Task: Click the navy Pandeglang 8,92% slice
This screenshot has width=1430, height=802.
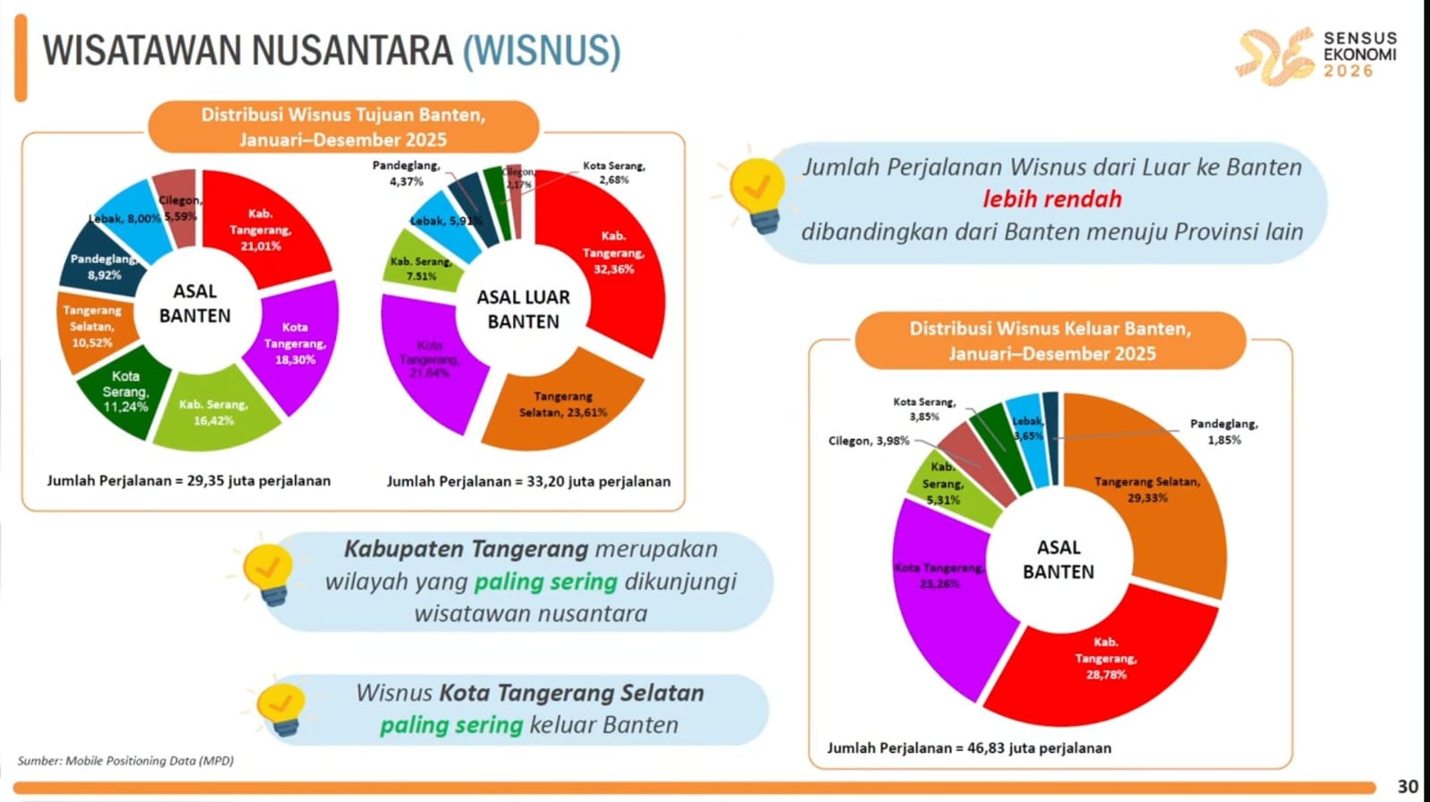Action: pos(103,266)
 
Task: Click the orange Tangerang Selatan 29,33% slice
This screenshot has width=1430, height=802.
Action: pos(1148,489)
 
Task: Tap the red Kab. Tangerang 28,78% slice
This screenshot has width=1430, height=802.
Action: pos(1106,658)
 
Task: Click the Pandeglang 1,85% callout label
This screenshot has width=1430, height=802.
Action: pos(1224,432)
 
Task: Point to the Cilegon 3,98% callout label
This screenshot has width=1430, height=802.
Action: pos(868,441)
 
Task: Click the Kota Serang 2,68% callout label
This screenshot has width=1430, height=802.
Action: pos(614,173)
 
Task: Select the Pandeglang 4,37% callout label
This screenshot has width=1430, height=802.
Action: pos(406,173)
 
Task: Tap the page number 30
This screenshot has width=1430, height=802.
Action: pos(1408,786)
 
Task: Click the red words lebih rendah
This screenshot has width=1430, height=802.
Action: pos(1052,198)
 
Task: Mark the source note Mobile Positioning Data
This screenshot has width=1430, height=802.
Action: pos(125,761)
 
